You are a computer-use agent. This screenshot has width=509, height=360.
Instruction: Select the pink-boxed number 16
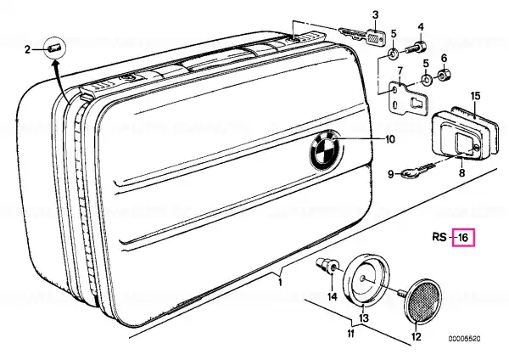coord(463,238)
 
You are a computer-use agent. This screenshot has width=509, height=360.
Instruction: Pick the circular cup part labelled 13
coord(366,278)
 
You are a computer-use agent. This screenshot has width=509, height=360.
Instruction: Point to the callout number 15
coord(475,97)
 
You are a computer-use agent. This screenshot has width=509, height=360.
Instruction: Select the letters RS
coord(439,237)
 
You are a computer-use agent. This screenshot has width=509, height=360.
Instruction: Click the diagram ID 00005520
coord(465,339)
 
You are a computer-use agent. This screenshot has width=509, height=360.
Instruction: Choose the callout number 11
coord(350,334)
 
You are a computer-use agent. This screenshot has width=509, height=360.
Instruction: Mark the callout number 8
coord(461,172)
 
